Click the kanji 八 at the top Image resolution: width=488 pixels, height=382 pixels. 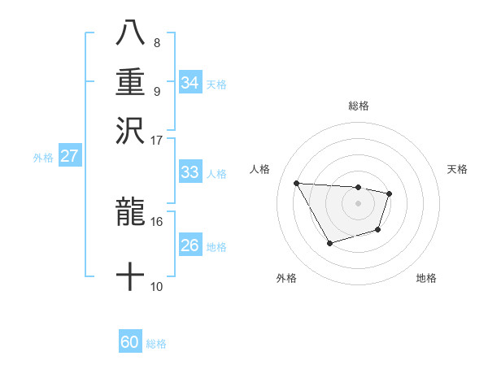130,34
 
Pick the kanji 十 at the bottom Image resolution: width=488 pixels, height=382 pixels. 130,277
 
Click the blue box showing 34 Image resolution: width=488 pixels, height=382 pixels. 190,82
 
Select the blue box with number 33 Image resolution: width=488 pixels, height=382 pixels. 190,172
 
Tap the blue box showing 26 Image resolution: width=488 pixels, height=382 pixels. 190,245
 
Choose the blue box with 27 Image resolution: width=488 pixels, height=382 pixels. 69,156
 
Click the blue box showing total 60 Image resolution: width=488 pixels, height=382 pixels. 130,342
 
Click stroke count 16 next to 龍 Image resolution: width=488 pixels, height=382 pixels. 157,220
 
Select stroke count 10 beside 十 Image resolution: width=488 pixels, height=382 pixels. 157,286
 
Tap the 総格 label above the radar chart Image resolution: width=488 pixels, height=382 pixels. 358,106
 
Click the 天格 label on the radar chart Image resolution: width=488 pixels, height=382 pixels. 458,169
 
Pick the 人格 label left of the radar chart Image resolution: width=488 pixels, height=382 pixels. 260,169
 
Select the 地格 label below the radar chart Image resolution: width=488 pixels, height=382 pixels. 426,278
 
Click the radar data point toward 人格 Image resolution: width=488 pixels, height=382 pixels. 296,183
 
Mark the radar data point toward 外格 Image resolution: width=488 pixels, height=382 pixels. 329,243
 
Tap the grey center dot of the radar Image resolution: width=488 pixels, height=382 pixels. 358,202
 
